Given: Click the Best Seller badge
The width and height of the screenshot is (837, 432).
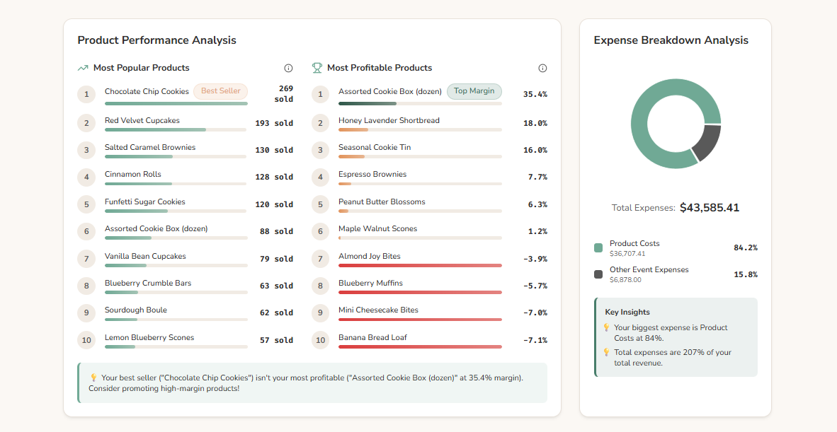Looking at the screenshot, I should [221, 91].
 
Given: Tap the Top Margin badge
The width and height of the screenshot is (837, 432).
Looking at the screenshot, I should [474, 91].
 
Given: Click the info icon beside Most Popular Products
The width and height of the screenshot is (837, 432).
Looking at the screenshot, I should [288, 68].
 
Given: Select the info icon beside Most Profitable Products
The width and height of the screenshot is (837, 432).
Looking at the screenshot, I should [542, 68].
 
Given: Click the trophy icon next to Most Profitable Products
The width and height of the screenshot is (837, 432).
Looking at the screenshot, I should [317, 68].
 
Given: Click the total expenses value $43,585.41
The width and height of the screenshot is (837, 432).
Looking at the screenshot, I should [710, 208].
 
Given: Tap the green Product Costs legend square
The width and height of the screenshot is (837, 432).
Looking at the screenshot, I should [598, 248].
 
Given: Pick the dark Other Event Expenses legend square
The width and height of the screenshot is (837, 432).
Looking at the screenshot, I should [598, 274].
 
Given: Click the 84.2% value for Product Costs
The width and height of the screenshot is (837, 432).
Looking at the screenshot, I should [746, 248].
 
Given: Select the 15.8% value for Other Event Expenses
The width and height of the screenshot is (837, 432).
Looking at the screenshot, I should [746, 274].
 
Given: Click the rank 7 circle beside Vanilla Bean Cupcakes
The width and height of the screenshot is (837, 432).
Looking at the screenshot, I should [86, 259].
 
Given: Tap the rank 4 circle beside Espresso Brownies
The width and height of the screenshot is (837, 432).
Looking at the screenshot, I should [320, 177].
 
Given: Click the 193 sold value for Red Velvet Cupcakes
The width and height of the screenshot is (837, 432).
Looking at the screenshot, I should [274, 123].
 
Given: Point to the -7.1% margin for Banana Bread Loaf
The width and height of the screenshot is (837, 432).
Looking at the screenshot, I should [535, 340].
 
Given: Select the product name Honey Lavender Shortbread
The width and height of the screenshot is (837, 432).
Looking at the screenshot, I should [389, 120].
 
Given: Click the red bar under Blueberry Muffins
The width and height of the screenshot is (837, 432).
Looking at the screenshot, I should [420, 292].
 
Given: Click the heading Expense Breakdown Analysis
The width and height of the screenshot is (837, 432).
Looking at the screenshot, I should [671, 40].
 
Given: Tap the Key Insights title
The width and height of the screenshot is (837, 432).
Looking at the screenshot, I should [627, 312].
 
